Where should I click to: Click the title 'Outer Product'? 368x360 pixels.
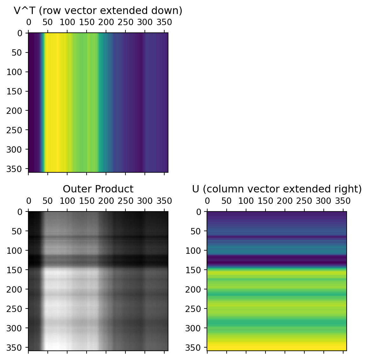click(x=98, y=189)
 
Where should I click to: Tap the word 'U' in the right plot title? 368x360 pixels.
click(x=196, y=189)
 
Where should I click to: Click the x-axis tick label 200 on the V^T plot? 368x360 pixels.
click(x=106, y=22)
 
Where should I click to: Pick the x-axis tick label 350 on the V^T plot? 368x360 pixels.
click(x=164, y=22)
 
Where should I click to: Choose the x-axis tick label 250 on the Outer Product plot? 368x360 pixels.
click(x=125, y=201)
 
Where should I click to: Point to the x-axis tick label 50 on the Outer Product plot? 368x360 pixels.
click(x=47, y=201)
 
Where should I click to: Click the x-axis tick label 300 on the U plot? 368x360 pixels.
click(x=323, y=201)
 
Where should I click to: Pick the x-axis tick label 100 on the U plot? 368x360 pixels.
click(x=246, y=201)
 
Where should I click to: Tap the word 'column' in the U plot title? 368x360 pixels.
click(x=219, y=189)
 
